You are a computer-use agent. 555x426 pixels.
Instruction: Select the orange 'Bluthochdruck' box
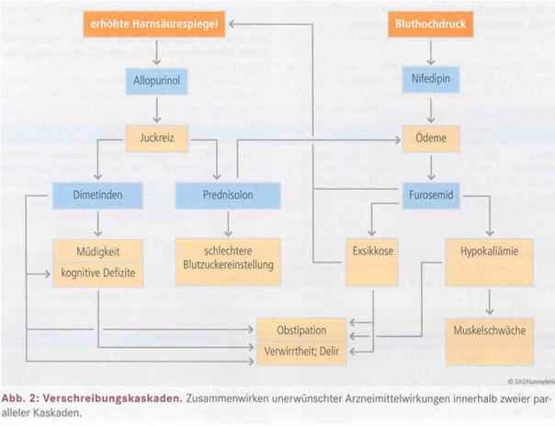(x=431, y=26)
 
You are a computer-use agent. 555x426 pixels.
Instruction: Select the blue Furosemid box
(x=431, y=195)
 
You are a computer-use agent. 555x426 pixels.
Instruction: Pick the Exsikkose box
(x=372, y=250)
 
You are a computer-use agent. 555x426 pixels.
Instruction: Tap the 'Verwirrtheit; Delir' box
(x=302, y=352)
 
